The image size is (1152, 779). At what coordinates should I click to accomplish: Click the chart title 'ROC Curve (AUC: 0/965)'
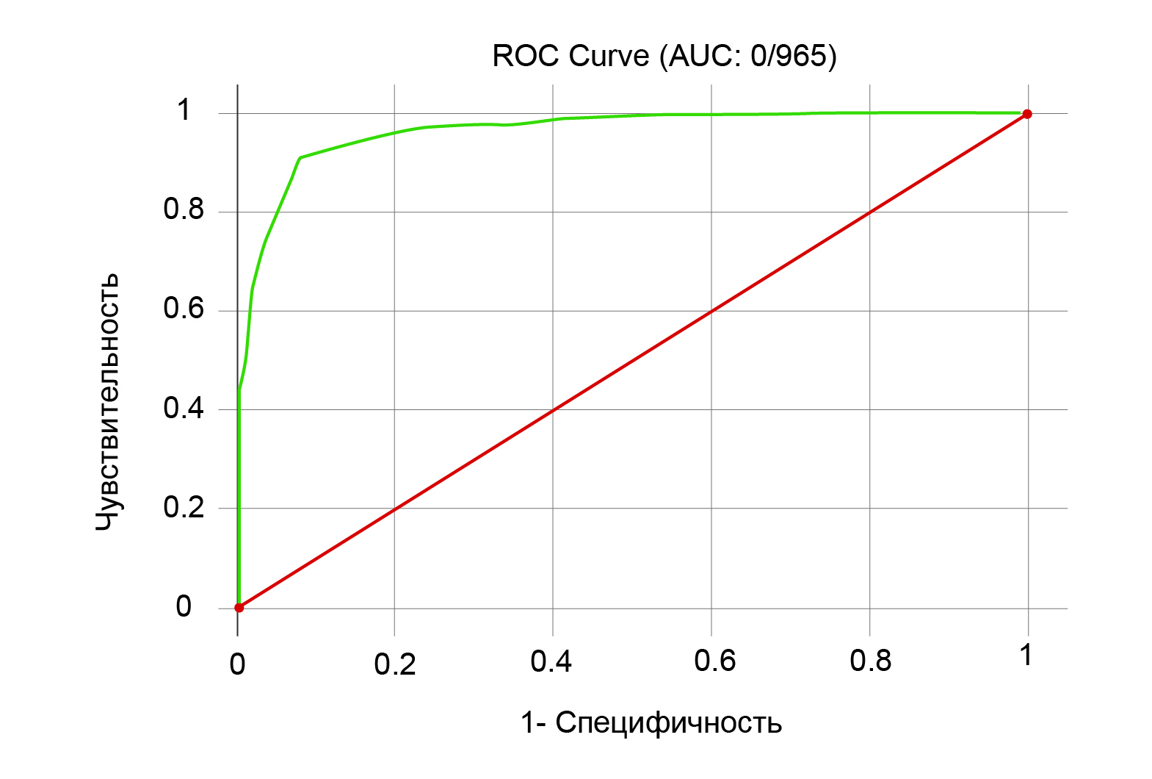pyautogui.click(x=664, y=57)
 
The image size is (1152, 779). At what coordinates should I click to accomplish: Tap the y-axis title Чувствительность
pyautogui.click(x=108, y=401)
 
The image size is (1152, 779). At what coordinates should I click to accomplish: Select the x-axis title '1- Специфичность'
pyautogui.click(x=651, y=723)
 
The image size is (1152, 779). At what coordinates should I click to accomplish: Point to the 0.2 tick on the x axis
pyautogui.click(x=395, y=664)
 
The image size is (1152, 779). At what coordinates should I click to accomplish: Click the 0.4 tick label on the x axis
pyautogui.click(x=551, y=662)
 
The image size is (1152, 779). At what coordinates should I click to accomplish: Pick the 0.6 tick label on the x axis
pyautogui.click(x=714, y=661)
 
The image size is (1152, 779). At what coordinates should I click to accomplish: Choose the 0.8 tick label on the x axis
pyautogui.click(x=870, y=661)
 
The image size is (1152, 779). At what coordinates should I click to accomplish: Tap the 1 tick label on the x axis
pyautogui.click(x=1026, y=656)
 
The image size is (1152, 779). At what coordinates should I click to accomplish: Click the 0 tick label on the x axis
pyautogui.click(x=237, y=664)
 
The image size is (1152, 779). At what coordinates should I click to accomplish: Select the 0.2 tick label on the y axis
pyautogui.click(x=184, y=507)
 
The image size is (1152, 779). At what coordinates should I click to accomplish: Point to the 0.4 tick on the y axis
pyautogui.click(x=184, y=408)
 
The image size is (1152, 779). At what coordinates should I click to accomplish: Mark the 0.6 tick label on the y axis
pyautogui.click(x=184, y=309)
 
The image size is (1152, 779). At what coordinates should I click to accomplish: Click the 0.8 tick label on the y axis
pyautogui.click(x=184, y=210)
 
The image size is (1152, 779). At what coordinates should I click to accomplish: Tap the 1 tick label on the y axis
pyautogui.click(x=184, y=110)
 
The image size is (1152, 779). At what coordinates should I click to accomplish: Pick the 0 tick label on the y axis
pyautogui.click(x=184, y=607)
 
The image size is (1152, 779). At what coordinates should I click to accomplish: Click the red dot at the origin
pyautogui.click(x=239, y=608)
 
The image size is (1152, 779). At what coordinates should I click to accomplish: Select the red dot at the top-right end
pyautogui.click(x=1027, y=114)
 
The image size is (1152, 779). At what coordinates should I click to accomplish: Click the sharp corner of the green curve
pyautogui.click(x=300, y=157)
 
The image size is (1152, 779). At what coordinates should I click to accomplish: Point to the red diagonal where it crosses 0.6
pyautogui.click(x=711, y=311)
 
